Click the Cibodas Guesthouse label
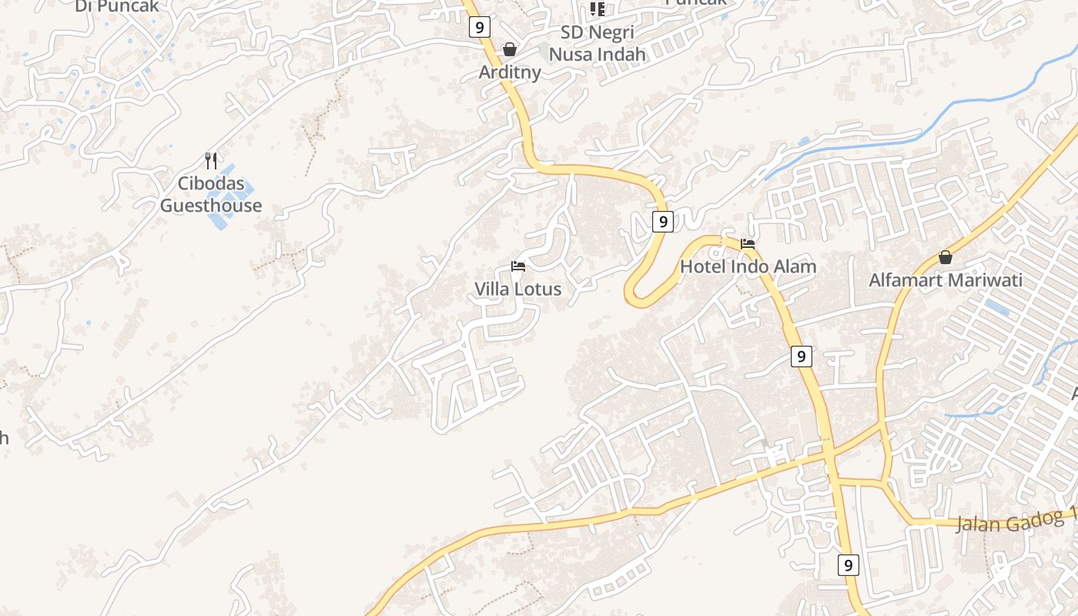pos(211,195)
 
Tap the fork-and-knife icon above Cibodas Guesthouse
pos(211,160)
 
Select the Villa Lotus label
pos(517,290)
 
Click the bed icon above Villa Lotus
pos(518,266)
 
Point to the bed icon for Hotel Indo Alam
pos(747,244)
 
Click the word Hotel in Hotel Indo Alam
pos(702,267)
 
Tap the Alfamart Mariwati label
pos(946,280)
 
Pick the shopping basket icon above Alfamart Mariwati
pos(946,257)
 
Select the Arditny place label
pos(510,72)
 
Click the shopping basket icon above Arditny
pos(510,49)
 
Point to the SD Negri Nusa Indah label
pos(598,44)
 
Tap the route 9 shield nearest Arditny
pos(479,28)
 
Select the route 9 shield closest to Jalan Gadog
pos(848,564)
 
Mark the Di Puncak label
pos(117,6)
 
